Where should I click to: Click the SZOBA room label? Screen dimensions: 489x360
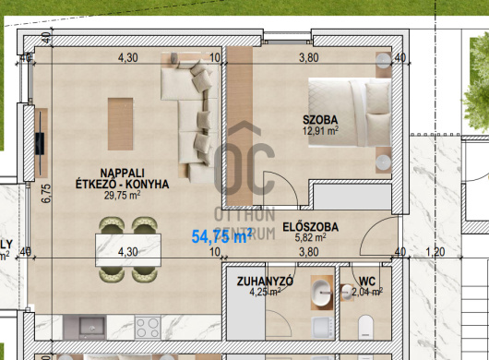(320, 120)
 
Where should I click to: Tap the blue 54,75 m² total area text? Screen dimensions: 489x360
(221, 236)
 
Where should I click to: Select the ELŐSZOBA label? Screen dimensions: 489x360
(311, 227)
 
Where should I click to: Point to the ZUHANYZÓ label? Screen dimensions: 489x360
(265, 282)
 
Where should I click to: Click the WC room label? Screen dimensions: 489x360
(367, 282)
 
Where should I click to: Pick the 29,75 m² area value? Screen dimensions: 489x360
(122, 196)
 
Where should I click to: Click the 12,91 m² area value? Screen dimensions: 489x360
(320, 130)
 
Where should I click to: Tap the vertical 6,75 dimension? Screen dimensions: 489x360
(46, 194)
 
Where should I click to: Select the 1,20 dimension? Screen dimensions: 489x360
(435, 251)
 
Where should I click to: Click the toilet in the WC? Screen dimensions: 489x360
(365, 327)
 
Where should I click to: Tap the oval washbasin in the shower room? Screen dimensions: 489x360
(321, 293)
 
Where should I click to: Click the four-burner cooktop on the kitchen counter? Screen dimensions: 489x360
(148, 328)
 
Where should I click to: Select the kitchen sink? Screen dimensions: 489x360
(92, 328)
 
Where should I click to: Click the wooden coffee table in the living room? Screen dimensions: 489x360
(120, 124)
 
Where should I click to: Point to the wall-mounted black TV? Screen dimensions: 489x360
(40, 143)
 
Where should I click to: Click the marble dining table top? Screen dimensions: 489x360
(128, 250)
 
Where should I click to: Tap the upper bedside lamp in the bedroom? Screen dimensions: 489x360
(383, 60)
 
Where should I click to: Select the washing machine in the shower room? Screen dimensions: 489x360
(323, 329)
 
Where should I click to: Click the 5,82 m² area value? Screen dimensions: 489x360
(311, 238)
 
